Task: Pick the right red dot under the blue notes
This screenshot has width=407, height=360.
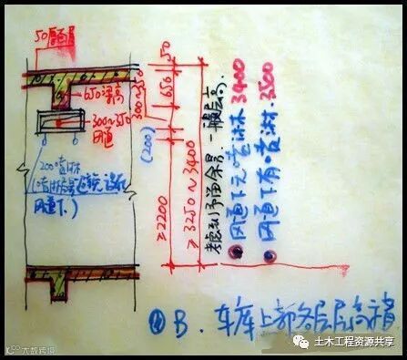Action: point(270,260)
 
